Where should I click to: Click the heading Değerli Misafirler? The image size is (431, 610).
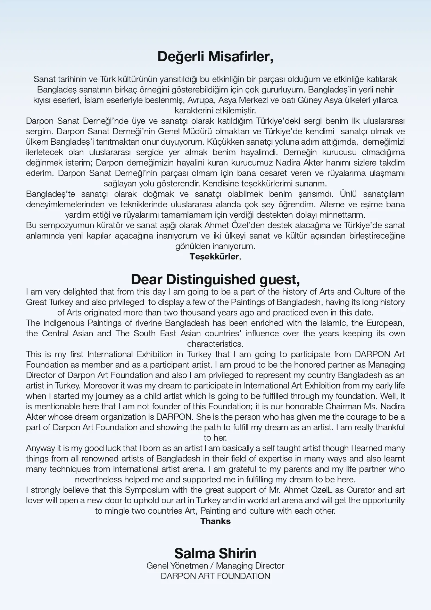215,57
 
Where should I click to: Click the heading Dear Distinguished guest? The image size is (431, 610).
215,279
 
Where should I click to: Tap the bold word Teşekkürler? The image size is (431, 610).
214,257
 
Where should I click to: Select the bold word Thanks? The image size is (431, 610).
215,521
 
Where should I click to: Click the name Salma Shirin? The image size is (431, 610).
215,553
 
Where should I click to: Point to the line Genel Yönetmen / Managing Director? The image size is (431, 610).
215,566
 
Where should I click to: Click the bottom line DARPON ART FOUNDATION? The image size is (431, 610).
215,576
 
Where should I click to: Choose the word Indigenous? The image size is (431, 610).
64,323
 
